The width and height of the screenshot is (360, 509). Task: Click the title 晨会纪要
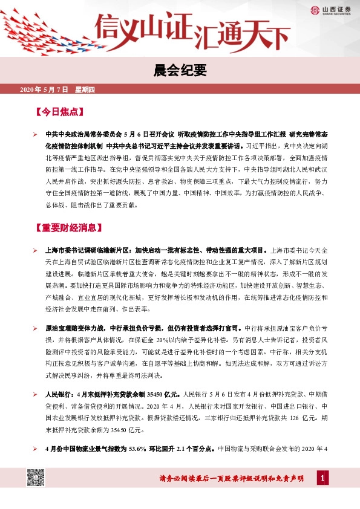180,71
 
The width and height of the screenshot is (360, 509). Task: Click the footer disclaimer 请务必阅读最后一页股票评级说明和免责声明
231,479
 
